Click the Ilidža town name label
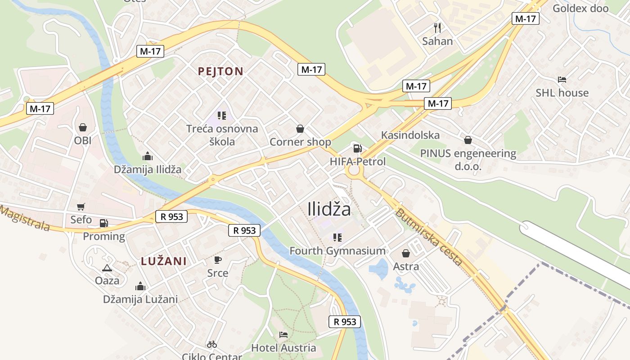(329, 209)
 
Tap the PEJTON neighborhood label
(220, 71)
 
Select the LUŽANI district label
(163, 261)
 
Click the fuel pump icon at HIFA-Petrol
(357, 148)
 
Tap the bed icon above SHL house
(562, 80)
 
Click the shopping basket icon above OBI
(83, 127)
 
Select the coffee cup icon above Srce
(218, 260)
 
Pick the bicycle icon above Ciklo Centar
(212, 344)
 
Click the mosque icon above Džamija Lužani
(140, 286)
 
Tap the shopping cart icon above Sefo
(81, 207)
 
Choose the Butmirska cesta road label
(428, 237)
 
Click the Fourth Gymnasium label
(337, 251)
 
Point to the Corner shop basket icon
(300, 129)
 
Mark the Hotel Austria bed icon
(283, 334)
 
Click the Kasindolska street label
(410, 135)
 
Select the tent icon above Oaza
(107, 268)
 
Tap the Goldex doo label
(580, 8)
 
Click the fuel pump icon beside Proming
(103, 223)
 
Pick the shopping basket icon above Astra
(406, 253)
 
